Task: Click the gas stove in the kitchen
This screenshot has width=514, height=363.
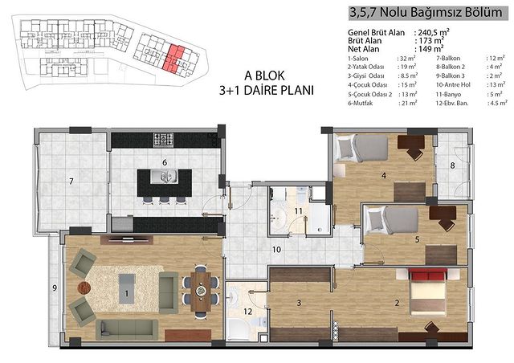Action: coord(163,140)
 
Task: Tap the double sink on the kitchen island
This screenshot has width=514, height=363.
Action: coord(164,177)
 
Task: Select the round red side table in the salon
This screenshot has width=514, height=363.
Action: coord(84,288)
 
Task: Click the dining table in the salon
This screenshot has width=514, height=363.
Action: coord(201,292)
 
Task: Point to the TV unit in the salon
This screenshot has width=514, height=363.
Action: coord(127,239)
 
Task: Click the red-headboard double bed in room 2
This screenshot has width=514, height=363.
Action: coord(428,292)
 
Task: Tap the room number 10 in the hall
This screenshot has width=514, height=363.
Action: coord(276,250)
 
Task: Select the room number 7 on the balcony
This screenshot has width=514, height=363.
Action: coord(71,181)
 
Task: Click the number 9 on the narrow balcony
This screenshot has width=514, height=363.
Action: coord(55,288)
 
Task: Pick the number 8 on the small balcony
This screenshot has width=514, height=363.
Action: coord(452,165)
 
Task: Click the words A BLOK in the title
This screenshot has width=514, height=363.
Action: coord(264,75)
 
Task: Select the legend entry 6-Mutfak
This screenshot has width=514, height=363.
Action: coord(361,103)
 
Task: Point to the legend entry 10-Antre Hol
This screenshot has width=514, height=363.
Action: coord(453,84)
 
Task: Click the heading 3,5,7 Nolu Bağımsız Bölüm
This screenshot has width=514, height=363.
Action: coord(426,13)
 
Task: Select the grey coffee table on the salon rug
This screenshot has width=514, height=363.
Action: coord(127,289)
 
